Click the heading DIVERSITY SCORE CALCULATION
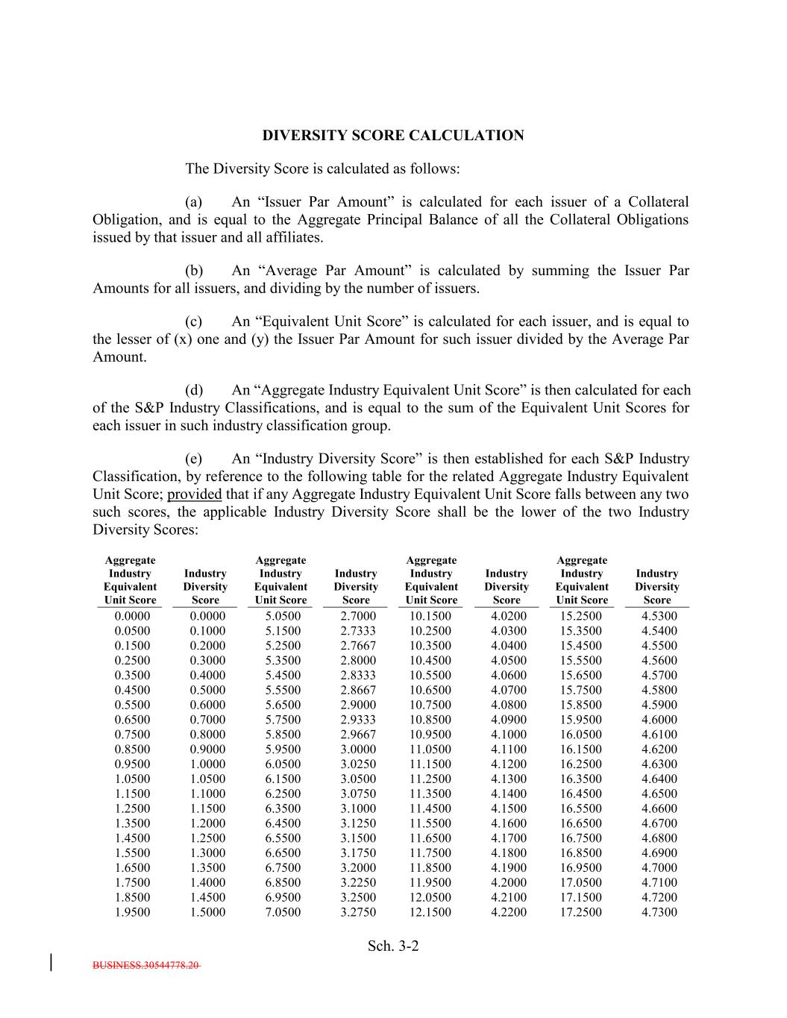[392, 136]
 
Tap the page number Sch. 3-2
[393, 946]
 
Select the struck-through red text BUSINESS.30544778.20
[146, 965]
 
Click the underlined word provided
[194, 494]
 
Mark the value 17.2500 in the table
[580, 912]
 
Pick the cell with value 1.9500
[132, 912]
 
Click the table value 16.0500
[580, 735]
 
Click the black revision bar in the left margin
[51, 962]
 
